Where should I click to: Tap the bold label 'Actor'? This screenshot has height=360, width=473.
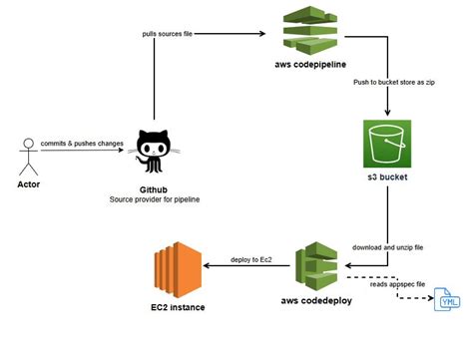coord(29,184)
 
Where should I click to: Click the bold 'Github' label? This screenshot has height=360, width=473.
coord(154,187)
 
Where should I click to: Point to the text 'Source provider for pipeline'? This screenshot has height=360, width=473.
coord(154,199)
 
